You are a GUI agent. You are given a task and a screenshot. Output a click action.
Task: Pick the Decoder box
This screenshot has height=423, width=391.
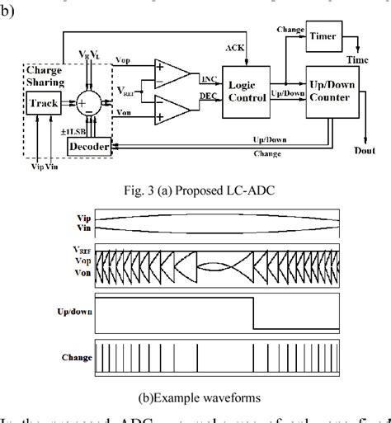pos(90,145)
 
